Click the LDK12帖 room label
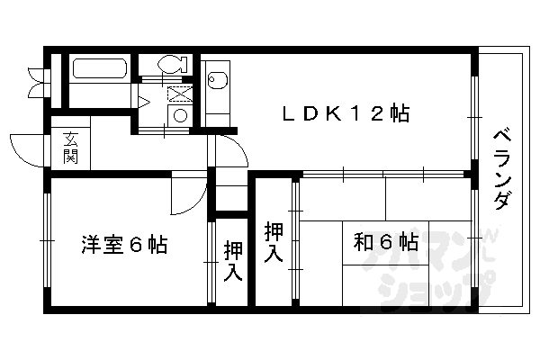(x=346, y=114)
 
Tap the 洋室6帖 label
(x=122, y=245)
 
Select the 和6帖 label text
(x=384, y=242)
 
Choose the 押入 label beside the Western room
(x=233, y=259)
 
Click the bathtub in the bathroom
(x=99, y=70)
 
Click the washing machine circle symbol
(x=180, y=114)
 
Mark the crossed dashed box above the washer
(x=179, y=93)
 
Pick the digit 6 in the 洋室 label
(x=136, y=245)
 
